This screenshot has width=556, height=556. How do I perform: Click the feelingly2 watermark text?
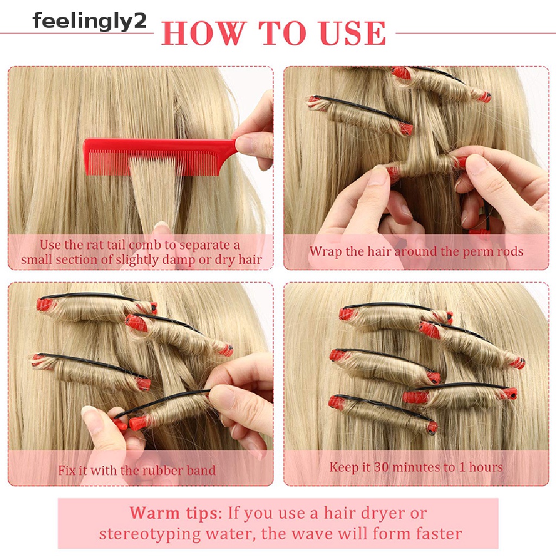(90, 21)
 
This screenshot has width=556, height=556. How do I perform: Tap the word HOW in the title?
(204, 33)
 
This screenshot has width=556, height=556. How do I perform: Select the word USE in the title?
(352, 33)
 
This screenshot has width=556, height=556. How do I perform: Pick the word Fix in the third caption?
(67, 470)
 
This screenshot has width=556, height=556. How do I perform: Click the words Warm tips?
(176, 513)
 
